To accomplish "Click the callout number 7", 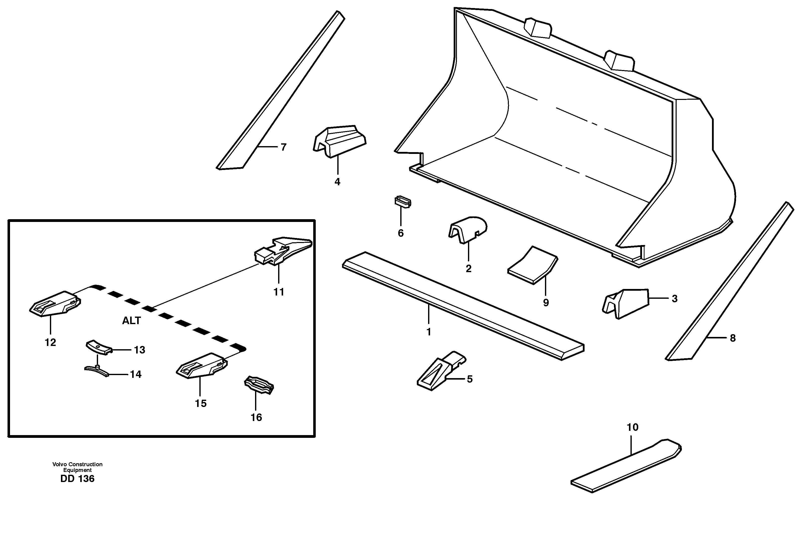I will coord(283,147).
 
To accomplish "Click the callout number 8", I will coord(733,338).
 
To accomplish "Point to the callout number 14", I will coord(135,375).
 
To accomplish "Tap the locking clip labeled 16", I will coord(259,385).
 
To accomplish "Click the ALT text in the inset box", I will coord(131,320).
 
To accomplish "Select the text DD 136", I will coord(77,479).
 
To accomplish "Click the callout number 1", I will coord(429,332).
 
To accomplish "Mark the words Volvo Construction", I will coord(77,464).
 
